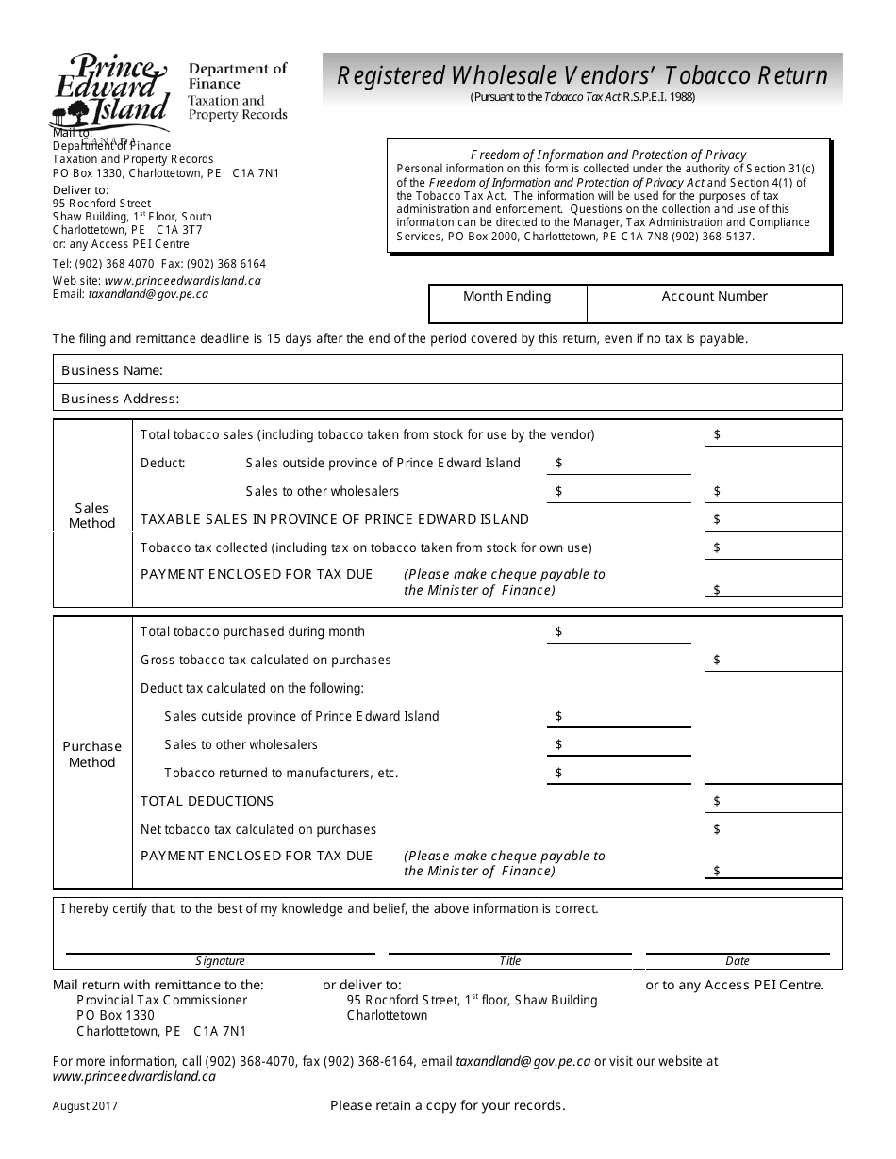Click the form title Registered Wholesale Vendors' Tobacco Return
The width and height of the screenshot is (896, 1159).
coord(582,74)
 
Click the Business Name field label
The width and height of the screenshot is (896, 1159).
coord(112,370)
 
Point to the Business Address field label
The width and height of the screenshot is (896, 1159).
coord(120,399)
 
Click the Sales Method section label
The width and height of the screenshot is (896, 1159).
coord(92,515)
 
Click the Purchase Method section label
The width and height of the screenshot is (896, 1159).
coord(92,755)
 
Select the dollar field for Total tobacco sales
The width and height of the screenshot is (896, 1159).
coord(773,434)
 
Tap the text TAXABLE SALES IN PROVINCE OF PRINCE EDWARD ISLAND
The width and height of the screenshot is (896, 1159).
coord(335,519)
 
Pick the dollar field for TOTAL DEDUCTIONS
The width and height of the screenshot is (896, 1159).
coord(773,801)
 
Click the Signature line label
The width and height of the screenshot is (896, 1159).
coord(220,961)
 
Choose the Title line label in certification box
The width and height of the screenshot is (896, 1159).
coord(509,961)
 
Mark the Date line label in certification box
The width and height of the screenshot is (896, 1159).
coord(738,961)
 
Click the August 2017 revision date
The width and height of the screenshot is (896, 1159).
coord(86,1107)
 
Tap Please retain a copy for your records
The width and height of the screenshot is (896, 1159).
coord(448,1105)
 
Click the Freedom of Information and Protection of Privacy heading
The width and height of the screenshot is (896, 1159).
coord(608,155)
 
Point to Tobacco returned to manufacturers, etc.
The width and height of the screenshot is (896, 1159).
coord(281,773)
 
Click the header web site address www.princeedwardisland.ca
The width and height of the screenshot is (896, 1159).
coord(183,280)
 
